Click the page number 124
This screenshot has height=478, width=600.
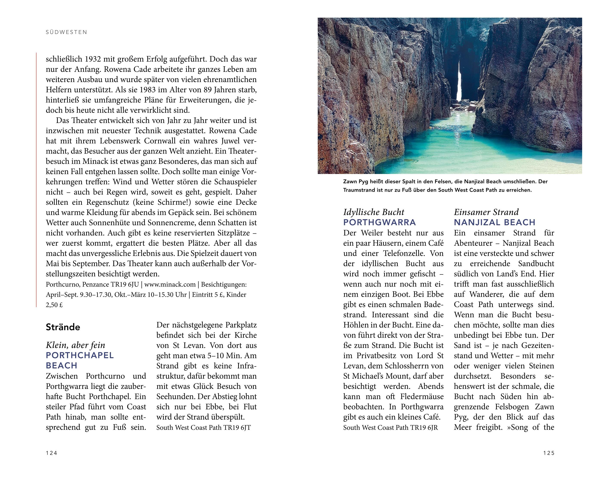(x=51, y=453)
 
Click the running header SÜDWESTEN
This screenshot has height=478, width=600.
(x=67, y=32)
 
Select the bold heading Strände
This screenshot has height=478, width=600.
(x=63, y=327)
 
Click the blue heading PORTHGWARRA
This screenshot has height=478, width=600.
(x=380, y=222)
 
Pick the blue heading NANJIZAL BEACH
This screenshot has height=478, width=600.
(x=495, y=222)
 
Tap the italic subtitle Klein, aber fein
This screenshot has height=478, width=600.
(x=75, y=345)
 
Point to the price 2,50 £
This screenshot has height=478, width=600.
(x=54, y=305)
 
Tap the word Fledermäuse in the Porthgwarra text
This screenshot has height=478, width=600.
(x=422, y=397)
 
